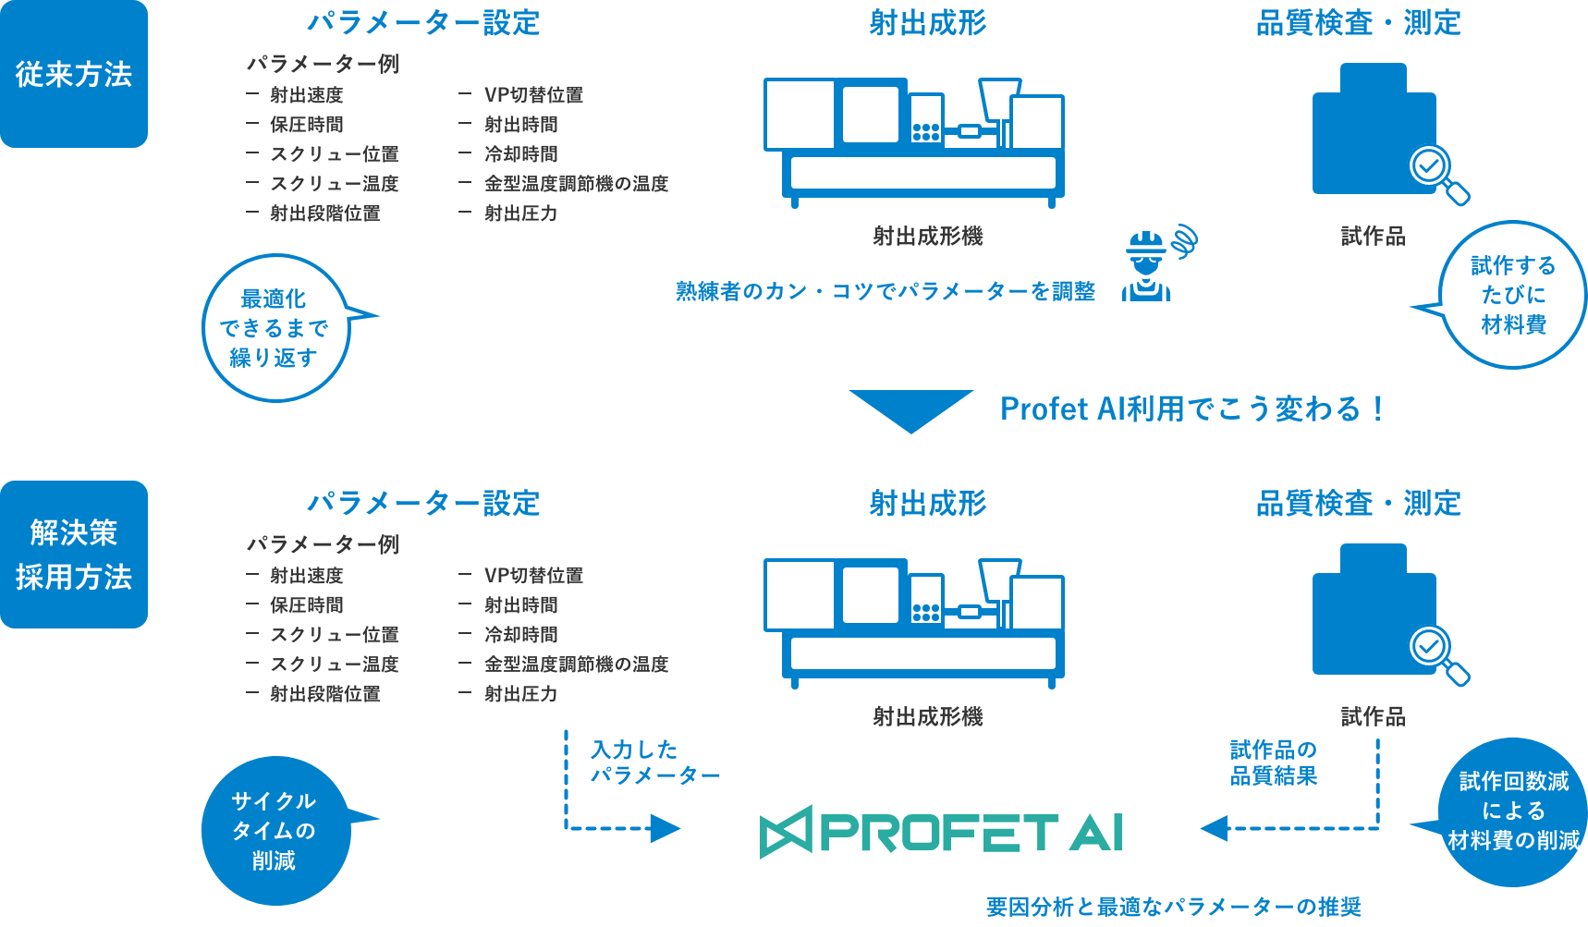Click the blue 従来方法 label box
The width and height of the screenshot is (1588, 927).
(74, 74)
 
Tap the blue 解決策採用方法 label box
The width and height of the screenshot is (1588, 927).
(74, 555)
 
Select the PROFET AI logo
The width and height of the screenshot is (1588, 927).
(941, 831)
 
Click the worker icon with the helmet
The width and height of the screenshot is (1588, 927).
(1147, 267)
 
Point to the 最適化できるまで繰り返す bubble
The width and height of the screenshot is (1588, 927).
(275, 328)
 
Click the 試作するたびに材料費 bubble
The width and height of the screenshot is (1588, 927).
(1513, 295)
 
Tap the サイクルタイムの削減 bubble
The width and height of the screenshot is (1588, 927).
(275, 831)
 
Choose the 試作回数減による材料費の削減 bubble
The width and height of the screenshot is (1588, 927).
(1513, 811)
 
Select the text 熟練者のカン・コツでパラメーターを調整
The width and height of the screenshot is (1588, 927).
(886, 291)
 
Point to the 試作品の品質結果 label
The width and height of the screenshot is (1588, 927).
(1273, 762)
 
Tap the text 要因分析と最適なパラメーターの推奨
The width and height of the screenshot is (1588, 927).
(1173, 907)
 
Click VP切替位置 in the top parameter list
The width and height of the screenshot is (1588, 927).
(533, 95)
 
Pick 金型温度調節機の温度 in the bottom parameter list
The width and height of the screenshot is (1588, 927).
(576, 665)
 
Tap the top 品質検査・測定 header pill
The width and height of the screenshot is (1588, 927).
(1358, 23)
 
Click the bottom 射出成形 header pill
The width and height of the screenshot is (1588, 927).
(927, 504)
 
